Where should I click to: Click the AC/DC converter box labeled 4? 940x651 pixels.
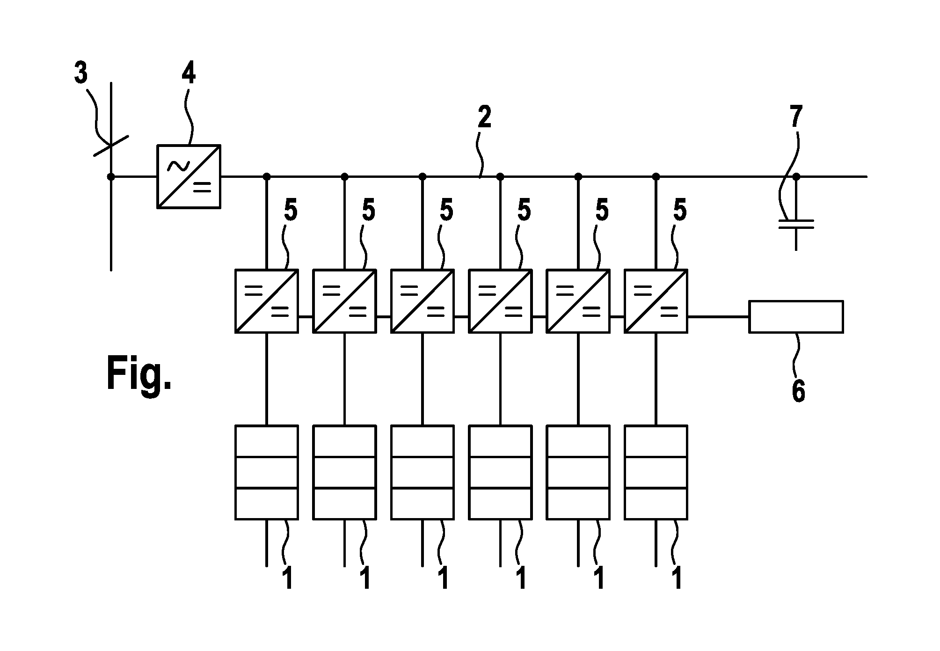[x=189, y=176]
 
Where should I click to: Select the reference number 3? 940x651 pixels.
[x=81, y=74]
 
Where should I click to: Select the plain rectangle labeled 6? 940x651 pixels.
[x=796, y=317]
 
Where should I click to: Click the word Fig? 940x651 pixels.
[x=139, y=373]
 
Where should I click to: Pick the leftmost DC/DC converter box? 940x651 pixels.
[x=266, y=301]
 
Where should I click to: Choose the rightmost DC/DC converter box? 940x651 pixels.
[x=656, y=301]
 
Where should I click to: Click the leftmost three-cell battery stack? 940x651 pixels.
[x=266, y=472]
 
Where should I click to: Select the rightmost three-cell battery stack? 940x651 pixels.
[x=656, y=472]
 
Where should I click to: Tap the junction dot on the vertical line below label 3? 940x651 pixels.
[x=111, y=176]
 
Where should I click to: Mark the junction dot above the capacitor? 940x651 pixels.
[x=796, y=176]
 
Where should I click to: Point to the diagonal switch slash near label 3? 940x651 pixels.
[x=111, y=146]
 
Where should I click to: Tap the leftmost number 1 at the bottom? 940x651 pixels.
[x=288, y=578]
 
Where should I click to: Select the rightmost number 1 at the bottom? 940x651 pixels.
[x=677, y=578]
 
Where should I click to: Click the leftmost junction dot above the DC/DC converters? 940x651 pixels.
[x=267, y=176]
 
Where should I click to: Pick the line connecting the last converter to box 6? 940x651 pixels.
[x=718, y=317]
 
